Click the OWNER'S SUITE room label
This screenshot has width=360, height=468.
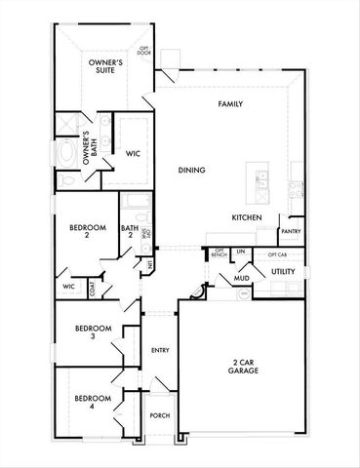[103, 67]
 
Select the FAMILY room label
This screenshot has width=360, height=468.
[230, 104]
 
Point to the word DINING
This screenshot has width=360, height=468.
[191, 170]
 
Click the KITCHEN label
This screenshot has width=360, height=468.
[246, 216]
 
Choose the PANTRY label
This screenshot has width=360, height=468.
[290, 231]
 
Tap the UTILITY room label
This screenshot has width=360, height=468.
[283, 272]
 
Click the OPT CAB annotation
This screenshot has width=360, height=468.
[278, 253]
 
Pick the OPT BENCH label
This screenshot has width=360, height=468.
[219, 253]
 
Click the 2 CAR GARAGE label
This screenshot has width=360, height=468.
[238, 368]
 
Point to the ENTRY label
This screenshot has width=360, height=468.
[160, 350]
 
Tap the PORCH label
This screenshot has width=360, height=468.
[159, 415]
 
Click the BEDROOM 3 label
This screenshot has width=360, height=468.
[93, 331]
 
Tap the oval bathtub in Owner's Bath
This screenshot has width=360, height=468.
[66, 154]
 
